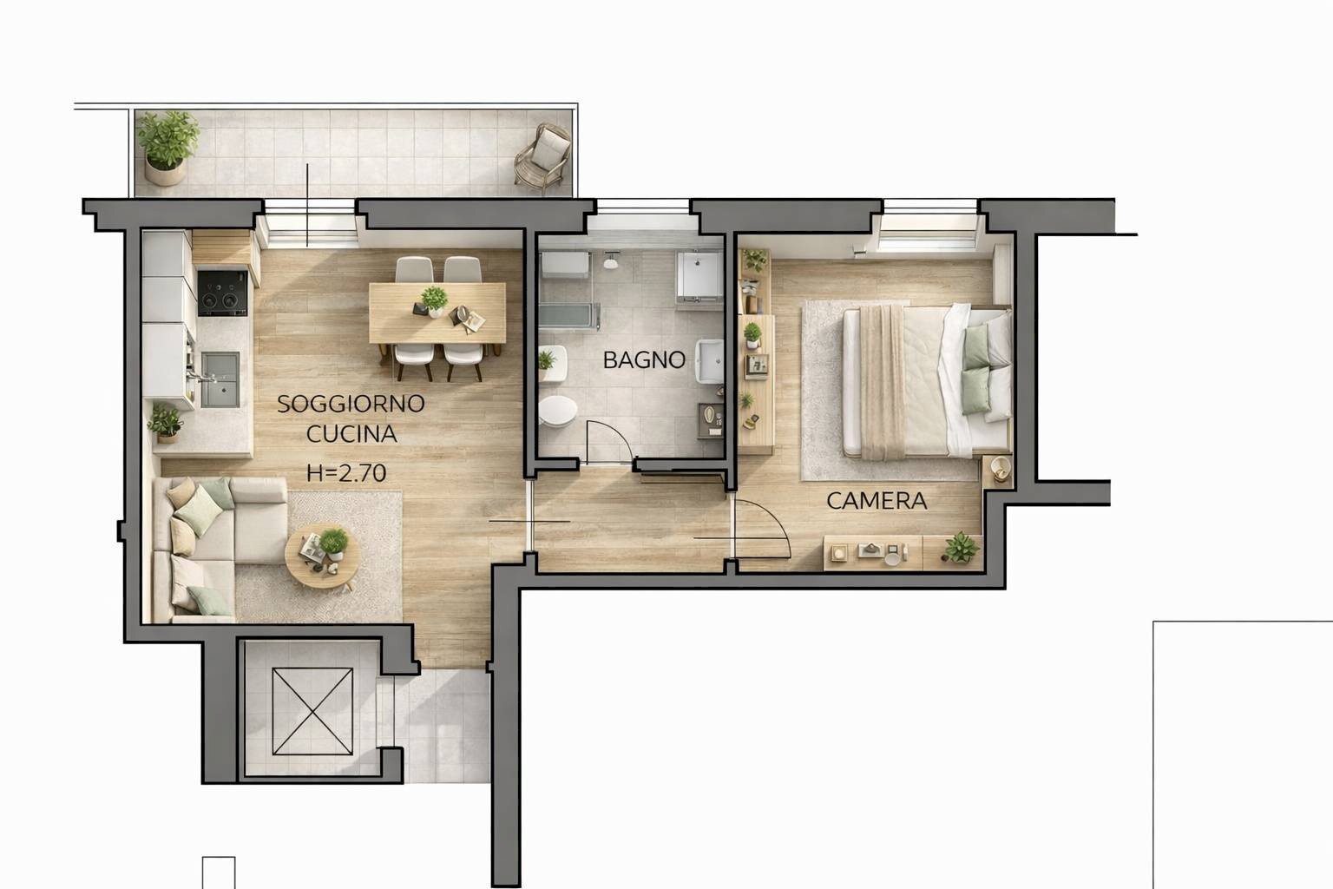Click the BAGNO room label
point(644,359)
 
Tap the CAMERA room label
point(877,501)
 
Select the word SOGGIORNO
point(351,404)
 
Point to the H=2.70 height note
point(346,473)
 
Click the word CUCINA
point(351,434)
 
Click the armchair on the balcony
point(542,156)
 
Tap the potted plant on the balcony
point(167,147)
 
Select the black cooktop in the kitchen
point(222,293)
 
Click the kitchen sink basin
point(220,379)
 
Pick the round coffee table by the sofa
point(322,556)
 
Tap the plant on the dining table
point(434,300)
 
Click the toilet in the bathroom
point(558,412)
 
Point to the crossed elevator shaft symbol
point(312,712)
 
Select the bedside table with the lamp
point(997,471)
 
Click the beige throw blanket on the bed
point(883,382)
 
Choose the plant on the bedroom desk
point(961,547)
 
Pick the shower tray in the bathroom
point(699,276)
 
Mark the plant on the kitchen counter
point(165,422)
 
